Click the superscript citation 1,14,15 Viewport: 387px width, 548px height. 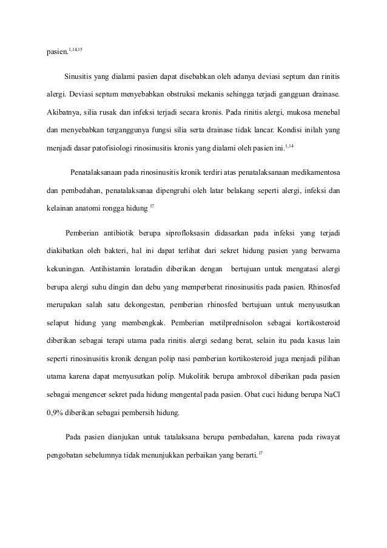[x=75, y=47]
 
